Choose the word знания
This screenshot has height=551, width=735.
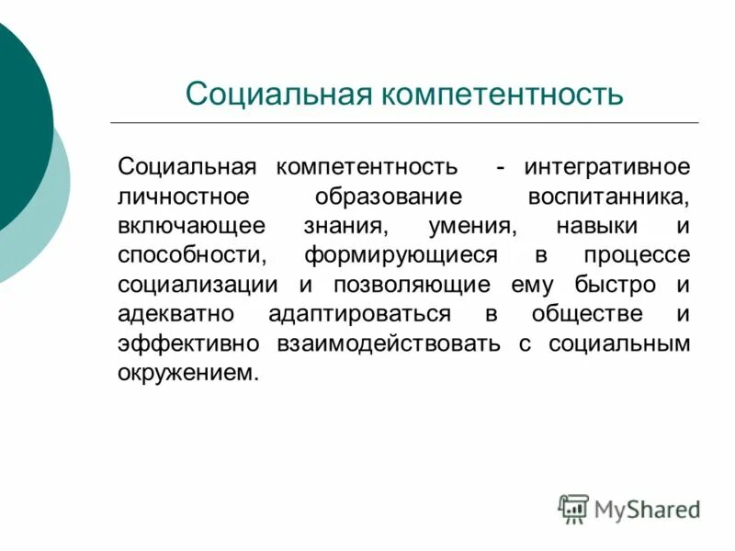pos(346,227)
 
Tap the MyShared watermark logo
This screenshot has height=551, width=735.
pos(629,508)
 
